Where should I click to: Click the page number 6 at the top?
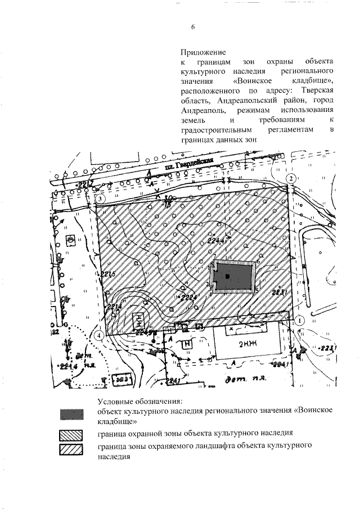point(192,26)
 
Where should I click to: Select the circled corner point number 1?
point(300,319)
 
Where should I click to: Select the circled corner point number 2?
point(291,178)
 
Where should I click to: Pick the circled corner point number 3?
point(100,199)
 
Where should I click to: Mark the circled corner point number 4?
point(99,335)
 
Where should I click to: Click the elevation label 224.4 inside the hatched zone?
point(216,240)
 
